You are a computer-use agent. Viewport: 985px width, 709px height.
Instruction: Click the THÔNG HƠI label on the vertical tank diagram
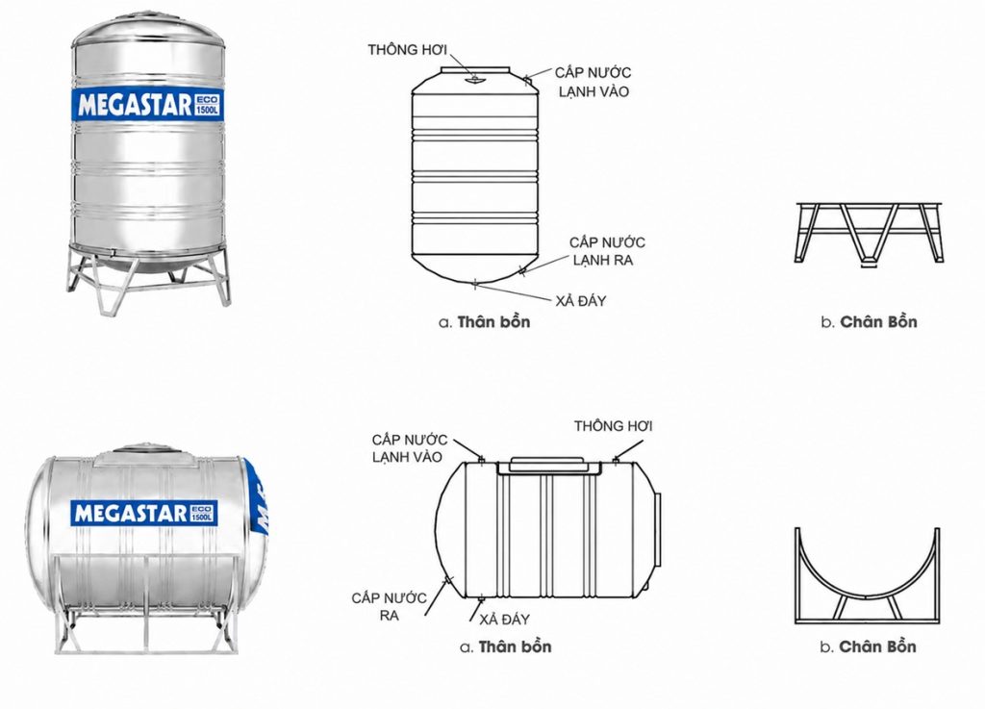point(407,50)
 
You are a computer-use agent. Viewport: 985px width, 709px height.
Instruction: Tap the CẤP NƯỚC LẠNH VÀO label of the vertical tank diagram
point(593,83)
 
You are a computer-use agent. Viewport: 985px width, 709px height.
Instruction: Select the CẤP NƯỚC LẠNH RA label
point(607,251)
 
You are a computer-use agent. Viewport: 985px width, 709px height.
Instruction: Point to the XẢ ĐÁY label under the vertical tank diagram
point(580,301)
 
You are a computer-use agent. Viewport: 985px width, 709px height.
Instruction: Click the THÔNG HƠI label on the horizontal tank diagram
point(613,426)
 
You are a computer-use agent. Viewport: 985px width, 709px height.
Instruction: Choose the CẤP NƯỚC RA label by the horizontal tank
point(389,607)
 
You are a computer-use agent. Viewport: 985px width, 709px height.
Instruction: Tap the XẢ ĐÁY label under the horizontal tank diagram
point(504,620)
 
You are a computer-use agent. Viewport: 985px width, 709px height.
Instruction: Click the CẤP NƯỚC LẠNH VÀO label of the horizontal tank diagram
point(409,448)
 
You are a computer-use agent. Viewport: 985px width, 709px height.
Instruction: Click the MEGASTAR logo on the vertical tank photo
point(135,106)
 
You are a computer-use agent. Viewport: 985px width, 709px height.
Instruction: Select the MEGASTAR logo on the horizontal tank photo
point(131,514)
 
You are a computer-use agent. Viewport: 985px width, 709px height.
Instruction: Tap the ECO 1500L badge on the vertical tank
point(208,105)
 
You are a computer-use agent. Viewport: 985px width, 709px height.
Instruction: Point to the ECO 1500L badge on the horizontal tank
point(202,513)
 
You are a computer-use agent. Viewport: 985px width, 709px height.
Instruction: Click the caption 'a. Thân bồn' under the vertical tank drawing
point(485,322)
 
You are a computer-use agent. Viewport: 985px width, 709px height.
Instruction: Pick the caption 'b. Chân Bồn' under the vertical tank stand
point(869,322)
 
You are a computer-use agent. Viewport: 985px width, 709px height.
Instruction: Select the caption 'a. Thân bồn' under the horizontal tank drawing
point(506,646)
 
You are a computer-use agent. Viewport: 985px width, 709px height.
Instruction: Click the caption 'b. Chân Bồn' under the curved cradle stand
point(869,646)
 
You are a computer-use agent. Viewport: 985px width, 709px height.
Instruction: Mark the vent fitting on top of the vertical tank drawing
point(474,79)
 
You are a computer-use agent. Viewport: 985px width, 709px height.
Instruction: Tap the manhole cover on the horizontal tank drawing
point(548,465)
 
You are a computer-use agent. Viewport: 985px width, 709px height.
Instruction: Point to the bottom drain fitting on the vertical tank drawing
point(475,285)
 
